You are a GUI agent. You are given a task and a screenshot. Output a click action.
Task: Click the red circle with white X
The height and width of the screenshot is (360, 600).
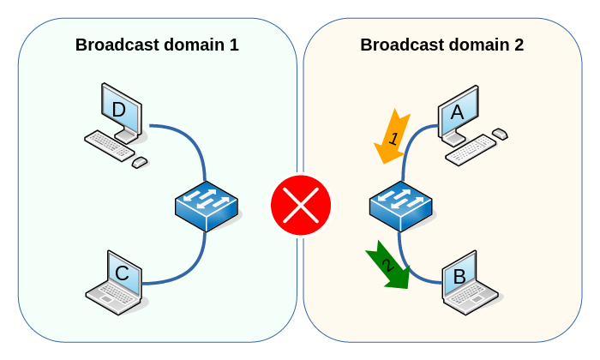point(300,205)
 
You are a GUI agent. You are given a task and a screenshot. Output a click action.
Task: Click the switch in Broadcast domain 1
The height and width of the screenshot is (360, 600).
point(206,207)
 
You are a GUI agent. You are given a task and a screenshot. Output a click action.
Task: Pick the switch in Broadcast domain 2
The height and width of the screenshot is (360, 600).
point(400,207)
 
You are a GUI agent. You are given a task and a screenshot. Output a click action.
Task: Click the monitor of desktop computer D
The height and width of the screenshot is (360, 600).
point(120,109)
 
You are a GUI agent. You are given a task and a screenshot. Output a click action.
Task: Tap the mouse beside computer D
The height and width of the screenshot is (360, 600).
point(140,161)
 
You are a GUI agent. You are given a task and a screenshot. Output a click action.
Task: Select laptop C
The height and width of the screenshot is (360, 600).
point(117,280)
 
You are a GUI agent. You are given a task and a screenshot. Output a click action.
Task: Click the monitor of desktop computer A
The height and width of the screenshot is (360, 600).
point(458,111)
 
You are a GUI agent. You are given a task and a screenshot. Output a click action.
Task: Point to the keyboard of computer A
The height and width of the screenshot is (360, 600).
point(471,150)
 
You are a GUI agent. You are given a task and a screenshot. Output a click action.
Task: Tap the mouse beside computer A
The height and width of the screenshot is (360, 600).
point(500,133)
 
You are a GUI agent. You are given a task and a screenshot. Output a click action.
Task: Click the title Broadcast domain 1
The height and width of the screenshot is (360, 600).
point(157,45)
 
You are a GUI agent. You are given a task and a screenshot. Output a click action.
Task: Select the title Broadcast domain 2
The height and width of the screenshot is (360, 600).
point(441,45)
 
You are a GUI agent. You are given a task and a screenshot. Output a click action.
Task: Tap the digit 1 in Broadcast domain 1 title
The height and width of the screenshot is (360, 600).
point(233,45)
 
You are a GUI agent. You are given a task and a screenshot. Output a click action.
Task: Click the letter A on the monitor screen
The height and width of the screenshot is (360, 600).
point(457,111)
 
